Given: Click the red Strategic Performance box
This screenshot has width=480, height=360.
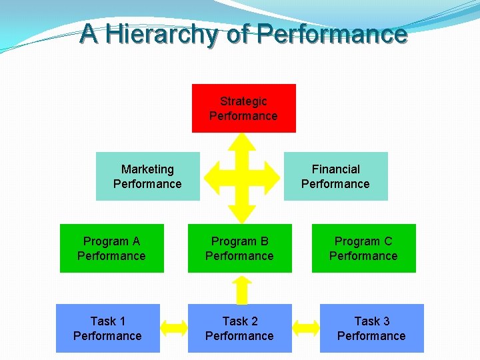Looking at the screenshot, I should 243,109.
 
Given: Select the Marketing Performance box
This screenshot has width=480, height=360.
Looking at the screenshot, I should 148,176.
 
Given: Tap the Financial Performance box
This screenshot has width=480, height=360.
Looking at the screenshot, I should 335,176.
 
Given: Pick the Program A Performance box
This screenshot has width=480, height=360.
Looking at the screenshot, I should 111,248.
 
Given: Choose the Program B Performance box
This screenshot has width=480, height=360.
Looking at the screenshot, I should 239,248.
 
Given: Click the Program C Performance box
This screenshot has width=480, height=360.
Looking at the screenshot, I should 363,248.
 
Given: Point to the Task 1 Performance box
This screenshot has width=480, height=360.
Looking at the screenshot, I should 107,328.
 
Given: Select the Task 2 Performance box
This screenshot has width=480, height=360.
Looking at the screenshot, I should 239,328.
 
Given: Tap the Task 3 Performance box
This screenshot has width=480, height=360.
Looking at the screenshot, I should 371,328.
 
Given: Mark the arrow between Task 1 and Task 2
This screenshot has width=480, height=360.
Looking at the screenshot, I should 174,327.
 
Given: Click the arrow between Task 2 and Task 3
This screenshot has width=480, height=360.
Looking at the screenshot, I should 306,327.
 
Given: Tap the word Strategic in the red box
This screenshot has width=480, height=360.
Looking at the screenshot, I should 243,101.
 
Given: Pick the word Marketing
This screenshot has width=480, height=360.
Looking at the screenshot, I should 147,169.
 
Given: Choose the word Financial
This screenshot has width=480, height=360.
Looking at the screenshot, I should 335,169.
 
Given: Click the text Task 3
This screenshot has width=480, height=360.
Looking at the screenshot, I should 372,321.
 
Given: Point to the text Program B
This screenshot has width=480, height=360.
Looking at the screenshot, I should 239,241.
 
